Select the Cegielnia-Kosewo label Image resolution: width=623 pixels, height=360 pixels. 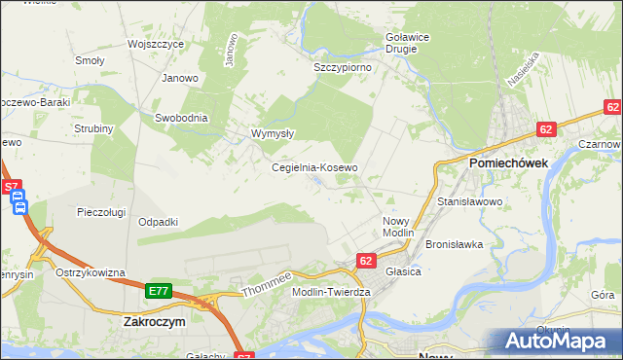pos(314,167)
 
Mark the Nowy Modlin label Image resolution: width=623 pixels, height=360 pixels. pos(398,228)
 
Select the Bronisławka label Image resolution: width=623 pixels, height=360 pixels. pos(455,244)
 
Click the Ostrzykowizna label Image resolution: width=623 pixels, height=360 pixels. pos(91,272)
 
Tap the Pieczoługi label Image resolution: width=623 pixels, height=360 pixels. pos(104,210)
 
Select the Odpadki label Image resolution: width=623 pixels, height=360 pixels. pos(158,222)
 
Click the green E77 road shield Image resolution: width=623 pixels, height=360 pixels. pos(159,291)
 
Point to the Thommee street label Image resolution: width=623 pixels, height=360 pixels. pos(267,281)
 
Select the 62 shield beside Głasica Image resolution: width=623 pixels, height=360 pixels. pos(366,261)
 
